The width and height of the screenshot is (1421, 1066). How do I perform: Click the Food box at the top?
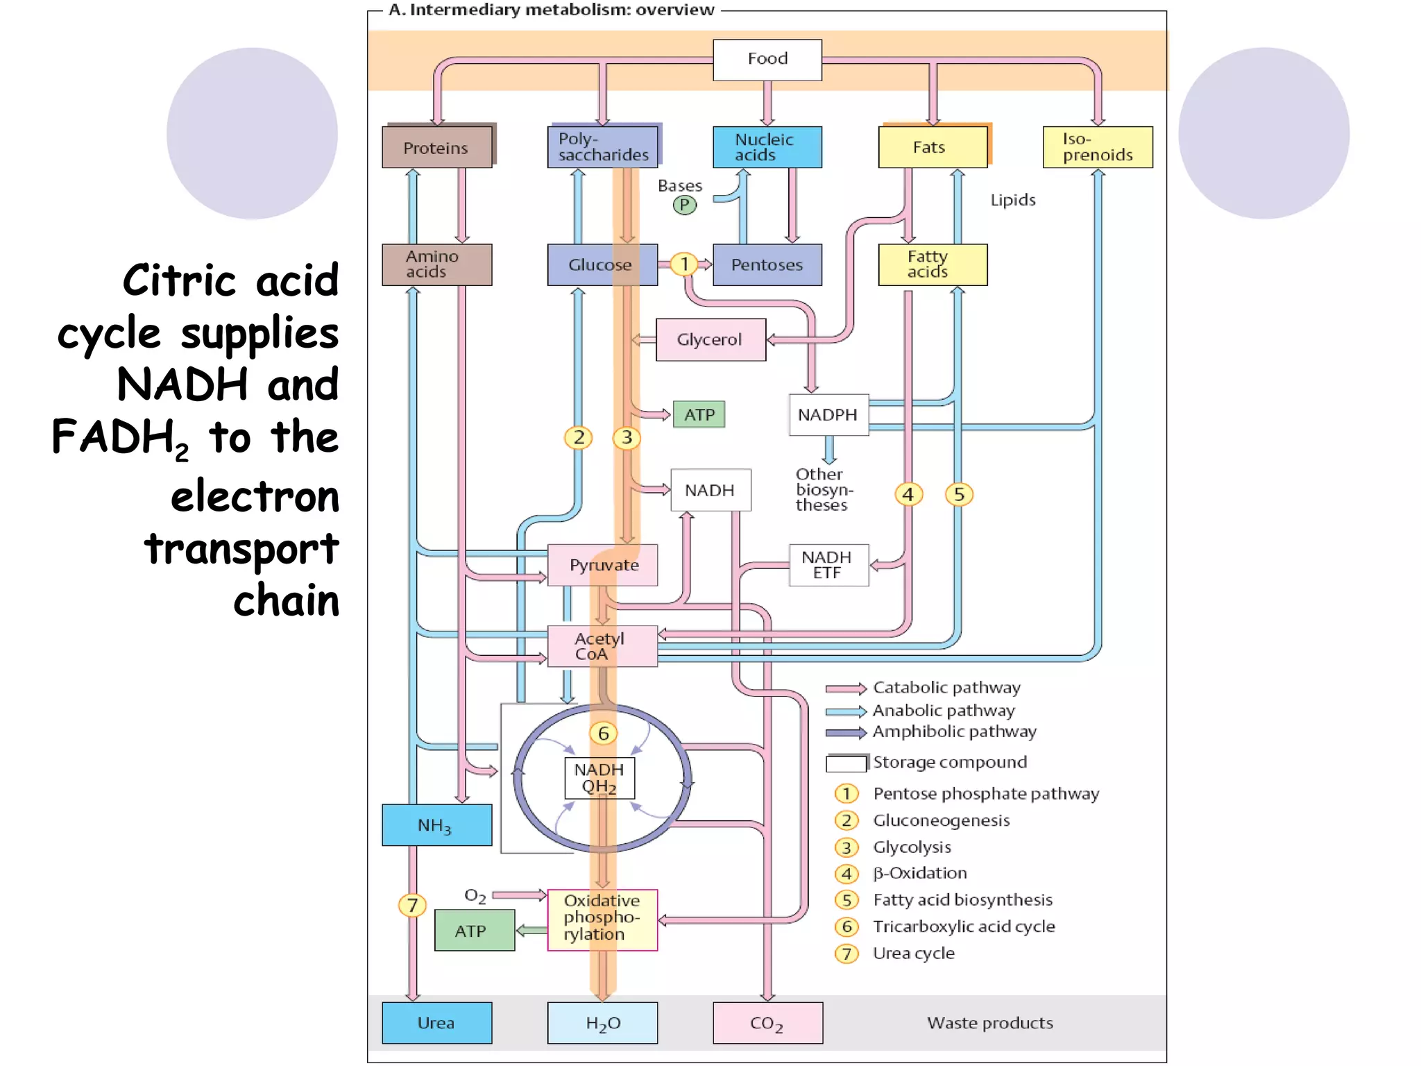pos(767,60)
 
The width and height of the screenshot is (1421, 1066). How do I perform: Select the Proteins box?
pos(436,147)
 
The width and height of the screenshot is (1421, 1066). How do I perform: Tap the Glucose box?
pos(601,264)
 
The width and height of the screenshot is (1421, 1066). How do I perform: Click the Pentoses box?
pos(767,264)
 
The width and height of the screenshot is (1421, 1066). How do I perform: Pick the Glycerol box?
pos(710,339)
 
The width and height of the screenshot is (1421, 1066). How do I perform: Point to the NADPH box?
pos(828,414)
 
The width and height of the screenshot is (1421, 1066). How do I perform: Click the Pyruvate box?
pos(602,565)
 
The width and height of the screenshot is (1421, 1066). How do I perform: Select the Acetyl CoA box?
pos(601,646)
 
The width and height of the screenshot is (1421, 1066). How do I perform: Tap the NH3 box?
pos(436,825)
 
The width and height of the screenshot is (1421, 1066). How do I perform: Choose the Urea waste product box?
pos(436,1022)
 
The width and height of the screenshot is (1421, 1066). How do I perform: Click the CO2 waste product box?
pos(767,1022)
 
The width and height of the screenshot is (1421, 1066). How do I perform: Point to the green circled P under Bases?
pos(684,205)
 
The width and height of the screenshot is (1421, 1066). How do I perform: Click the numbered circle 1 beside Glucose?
pos(684,264)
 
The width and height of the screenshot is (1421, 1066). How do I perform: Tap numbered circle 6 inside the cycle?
pos(603,734)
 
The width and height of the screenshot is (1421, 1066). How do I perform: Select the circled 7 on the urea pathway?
pos(412,905)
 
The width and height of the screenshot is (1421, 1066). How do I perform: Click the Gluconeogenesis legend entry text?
pos(941,820)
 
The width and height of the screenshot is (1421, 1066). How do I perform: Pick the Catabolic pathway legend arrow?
pos(846,688)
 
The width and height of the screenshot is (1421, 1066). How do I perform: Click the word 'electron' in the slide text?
pos(255,497)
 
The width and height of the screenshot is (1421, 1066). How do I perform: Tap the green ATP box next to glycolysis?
pos(699,414)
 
